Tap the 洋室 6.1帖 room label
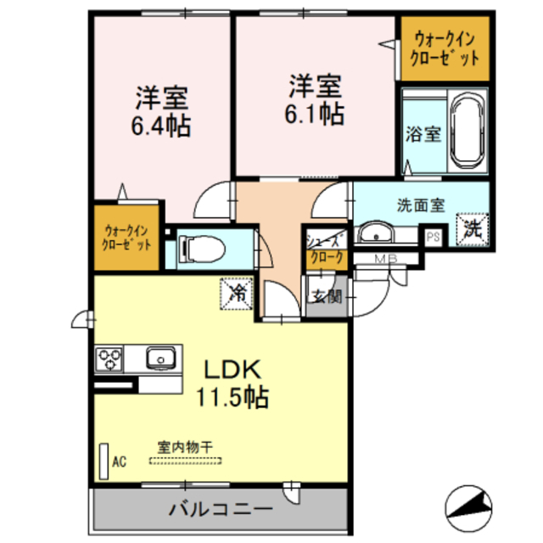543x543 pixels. [x=315, y=99]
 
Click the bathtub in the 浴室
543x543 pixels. [x=467, y=132]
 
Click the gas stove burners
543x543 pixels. [x=110, y=359]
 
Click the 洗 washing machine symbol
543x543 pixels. [x=472, y=227]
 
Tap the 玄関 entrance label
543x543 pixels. [x=326, y=297]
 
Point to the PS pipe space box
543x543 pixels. [x=434, y=237]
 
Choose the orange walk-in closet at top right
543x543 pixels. [x=445, y=50]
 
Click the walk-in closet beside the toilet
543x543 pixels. [x=128, y=237]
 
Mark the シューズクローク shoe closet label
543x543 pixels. [x=327, y=249]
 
